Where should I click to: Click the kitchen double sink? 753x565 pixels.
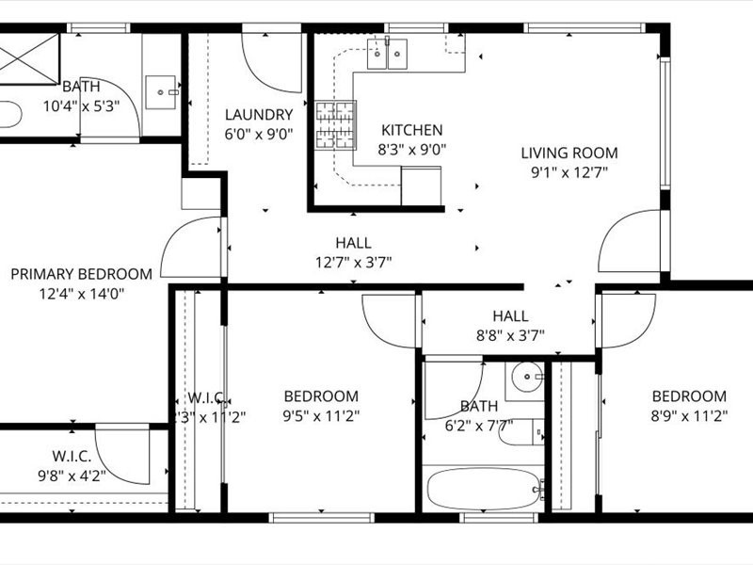pyautogui.click(x=389, y=55)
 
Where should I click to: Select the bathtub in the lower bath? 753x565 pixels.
pyautogui.click(x=484, y=489)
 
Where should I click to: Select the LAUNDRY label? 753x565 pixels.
pyautogui.click(x=259, y=115)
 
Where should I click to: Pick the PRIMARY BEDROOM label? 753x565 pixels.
pyautogui.click(x=81, y=274)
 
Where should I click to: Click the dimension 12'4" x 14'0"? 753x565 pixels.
pyautogui.click(x=81, y=293)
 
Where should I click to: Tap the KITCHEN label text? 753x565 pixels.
pyautogui.click(x=411, y=130)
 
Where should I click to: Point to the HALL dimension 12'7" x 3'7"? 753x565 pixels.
pyautogui.click(x=353, y=262)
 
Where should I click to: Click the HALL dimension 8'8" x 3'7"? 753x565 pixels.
pyautogui.click(x=510, y=334)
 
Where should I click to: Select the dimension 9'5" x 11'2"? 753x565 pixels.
pyautogui.click(x=322, y=414)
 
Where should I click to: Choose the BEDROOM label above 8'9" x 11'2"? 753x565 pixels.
pyautogui.click(x=689, y=396)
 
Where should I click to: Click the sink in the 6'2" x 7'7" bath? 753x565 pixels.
pyautogui.click(x=527, y=379)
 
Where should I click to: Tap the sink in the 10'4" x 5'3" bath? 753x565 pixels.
pyautogui.click(x=167, y=92)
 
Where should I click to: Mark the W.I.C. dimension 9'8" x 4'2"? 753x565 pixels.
pyautogui.click(x=72, y=476)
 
